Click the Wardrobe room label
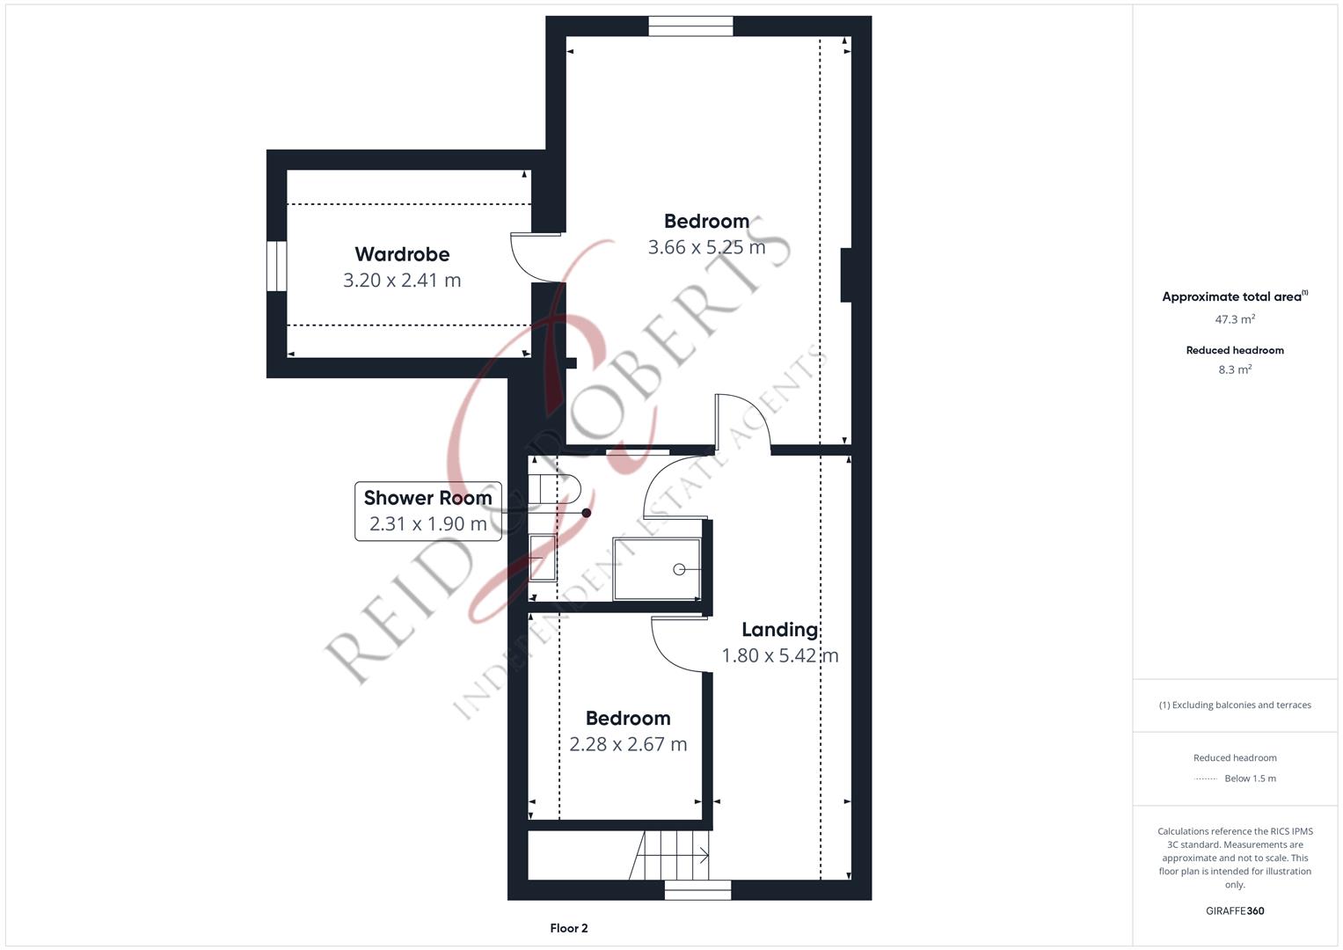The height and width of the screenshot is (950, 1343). [x=402, y=254]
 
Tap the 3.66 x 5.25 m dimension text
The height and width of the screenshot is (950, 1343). [x=706, y=247]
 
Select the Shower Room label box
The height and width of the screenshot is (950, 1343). [x=427, y=510]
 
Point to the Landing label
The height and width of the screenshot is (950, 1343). [x=779, y=630]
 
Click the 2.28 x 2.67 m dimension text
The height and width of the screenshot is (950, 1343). [x=628, y=744]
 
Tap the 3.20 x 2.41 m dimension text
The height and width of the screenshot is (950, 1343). [x=402, y=281]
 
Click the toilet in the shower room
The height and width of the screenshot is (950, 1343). [x=554, y=489]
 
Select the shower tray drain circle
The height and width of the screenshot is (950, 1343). [x=679, y=570]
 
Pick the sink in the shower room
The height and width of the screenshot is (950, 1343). [x=542, y=558]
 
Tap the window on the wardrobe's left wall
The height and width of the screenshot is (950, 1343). [x=276, y=267]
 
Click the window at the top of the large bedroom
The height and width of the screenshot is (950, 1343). [x=690, y=27]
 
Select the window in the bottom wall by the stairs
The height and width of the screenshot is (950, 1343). [x=697, y=890]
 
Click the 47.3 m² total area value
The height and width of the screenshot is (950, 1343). [x=1235, y=319]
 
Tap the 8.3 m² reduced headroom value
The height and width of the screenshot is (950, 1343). [x=1235, y=369]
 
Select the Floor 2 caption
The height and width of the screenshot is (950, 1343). [x=568, y=928]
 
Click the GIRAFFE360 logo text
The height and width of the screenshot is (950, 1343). [x=1235, y=910]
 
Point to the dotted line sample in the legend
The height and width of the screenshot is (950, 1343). [x=1206, y=778]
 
